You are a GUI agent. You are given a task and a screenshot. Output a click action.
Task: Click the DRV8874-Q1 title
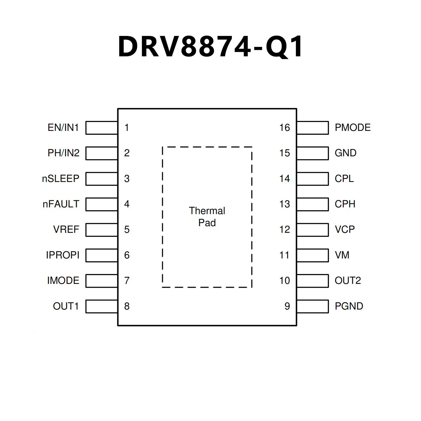[x=210, y=47]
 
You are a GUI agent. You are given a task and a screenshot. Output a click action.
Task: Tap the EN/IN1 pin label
[x=63, y=128]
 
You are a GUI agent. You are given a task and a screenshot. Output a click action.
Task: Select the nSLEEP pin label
[x=61, y=179]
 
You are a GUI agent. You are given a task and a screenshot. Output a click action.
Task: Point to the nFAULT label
[x=61, y=204]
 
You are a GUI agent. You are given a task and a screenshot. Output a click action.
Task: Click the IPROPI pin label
[x=63, y=255]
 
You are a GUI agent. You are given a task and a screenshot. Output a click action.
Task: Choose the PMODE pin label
[x=352, y=128]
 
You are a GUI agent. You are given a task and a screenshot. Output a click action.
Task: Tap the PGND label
[x=349, y=306]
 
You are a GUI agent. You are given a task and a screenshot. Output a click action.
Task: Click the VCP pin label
[x=345, y=230]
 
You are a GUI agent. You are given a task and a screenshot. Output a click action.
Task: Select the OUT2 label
[x=348, y=281]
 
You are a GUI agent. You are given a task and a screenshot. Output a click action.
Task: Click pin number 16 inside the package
[x=284, y=128]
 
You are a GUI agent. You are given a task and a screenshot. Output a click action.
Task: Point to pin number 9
[x=287, y=306]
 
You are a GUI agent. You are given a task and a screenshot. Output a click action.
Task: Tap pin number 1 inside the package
[x=127, y=128]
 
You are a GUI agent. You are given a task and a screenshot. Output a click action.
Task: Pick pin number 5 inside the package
[x=127, y=230]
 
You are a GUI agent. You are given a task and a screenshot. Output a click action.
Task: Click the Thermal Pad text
[x=207, y=217]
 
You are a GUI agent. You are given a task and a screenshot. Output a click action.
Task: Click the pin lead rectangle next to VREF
[x=102, y=230]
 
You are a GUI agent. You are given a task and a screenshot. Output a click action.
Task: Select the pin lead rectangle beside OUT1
[x=102, y=306]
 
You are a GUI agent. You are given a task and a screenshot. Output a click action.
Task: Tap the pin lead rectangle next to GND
[x=313, y=153]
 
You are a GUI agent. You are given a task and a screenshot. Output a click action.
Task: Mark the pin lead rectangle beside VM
[x=313, y=255]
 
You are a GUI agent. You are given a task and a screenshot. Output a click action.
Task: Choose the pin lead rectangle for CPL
[x=313, y=179]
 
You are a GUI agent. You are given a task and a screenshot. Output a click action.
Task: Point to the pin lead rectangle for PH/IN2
[x=102, y=153]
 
